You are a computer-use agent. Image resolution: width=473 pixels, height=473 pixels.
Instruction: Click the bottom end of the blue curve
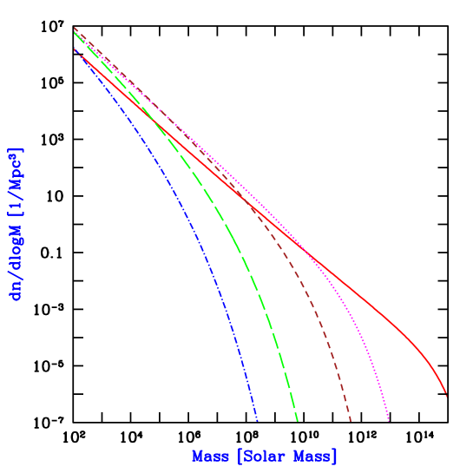[x=257, y=421]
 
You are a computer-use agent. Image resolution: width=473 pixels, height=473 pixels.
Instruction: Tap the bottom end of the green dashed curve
[x=297, y=421]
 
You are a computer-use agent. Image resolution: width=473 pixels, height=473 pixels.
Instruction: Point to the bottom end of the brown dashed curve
[x=351, y=421]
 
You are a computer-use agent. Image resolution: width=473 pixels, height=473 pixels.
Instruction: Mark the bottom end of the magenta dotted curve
[x=388, y=420]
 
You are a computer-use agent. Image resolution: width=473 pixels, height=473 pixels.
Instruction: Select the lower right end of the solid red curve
[x=446, y=396]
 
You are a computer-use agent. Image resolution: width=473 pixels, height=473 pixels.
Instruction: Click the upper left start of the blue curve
[x=75, y=49]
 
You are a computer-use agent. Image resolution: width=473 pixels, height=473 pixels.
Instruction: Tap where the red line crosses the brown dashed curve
[x=253, y=205]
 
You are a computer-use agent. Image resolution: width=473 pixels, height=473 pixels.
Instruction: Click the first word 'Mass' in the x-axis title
[x=211, y=456]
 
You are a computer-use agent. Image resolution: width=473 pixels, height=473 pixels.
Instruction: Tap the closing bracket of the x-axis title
[x=334, y=456]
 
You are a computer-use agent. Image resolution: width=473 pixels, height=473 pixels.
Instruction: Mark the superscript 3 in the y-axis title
[x=12, y=157]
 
